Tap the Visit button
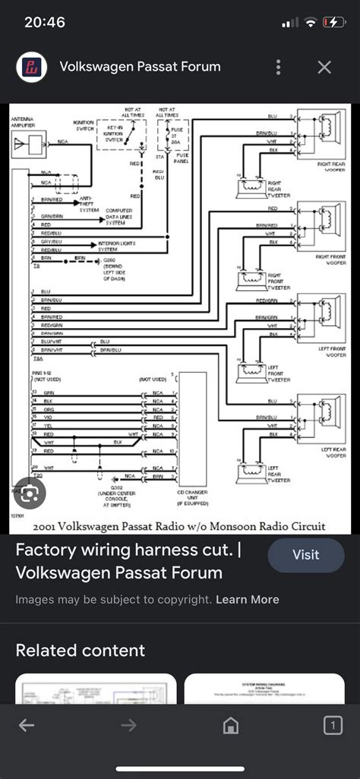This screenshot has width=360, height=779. click(x=305, y=554)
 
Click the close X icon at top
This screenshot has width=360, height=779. click(x=324, y=68)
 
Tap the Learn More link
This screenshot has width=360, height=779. click(x=247, y=599)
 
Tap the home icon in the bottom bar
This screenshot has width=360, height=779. click(x=231, y=726)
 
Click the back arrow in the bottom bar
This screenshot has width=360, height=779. click(x=27, y=726)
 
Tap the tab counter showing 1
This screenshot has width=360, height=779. click(x=333, y=726)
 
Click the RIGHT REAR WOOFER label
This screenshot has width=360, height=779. click(x=332, y=165)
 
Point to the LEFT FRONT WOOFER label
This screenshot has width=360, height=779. click(x=332, y=352)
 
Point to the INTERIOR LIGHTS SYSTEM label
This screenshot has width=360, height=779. click(x=114, y=246)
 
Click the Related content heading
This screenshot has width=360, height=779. click(x=80, y=650)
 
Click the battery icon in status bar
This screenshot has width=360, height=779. click(x=334, y=22)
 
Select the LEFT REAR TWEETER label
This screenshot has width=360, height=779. click(x=277, y=476)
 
